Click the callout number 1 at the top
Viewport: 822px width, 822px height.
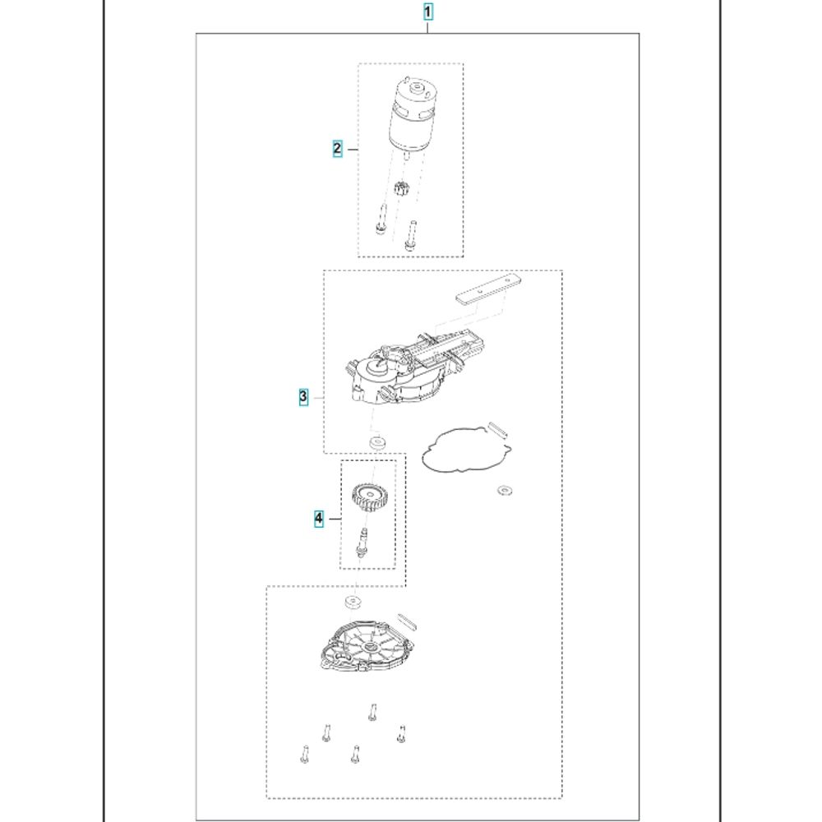427,12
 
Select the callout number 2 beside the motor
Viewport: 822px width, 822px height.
337,149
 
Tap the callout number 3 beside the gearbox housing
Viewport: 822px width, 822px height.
303,396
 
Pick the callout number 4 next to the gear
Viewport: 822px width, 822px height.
319,519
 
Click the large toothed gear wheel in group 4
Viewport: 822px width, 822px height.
369,499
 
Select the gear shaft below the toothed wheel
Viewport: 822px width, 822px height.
362,543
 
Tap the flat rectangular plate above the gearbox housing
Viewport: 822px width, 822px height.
488,289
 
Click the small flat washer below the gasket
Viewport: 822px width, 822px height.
505,491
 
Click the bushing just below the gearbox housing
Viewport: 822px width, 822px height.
377,442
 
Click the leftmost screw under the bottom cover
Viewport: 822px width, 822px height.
305,754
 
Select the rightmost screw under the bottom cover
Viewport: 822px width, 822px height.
402,734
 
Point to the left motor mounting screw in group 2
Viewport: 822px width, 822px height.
381,219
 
